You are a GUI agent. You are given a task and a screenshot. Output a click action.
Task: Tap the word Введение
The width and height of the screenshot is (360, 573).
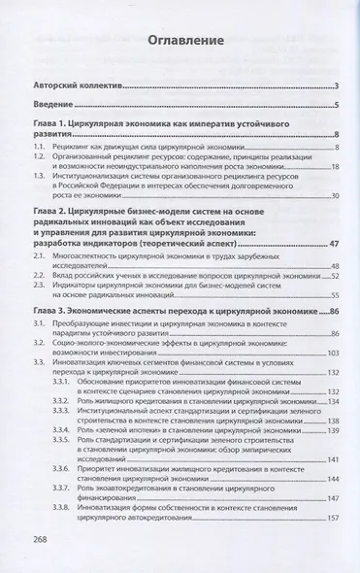click(x=54, y=105)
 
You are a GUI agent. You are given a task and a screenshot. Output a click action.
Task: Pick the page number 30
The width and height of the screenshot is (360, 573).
click(x=333, y=195)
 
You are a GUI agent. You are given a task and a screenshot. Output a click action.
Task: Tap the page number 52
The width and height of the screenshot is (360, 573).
click(x=333, y=276)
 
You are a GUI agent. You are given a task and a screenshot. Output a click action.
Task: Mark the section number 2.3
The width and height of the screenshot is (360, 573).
click(x=39, y=286)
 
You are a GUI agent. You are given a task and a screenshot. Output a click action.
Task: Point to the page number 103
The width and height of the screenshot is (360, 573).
click(x=330, y=354)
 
